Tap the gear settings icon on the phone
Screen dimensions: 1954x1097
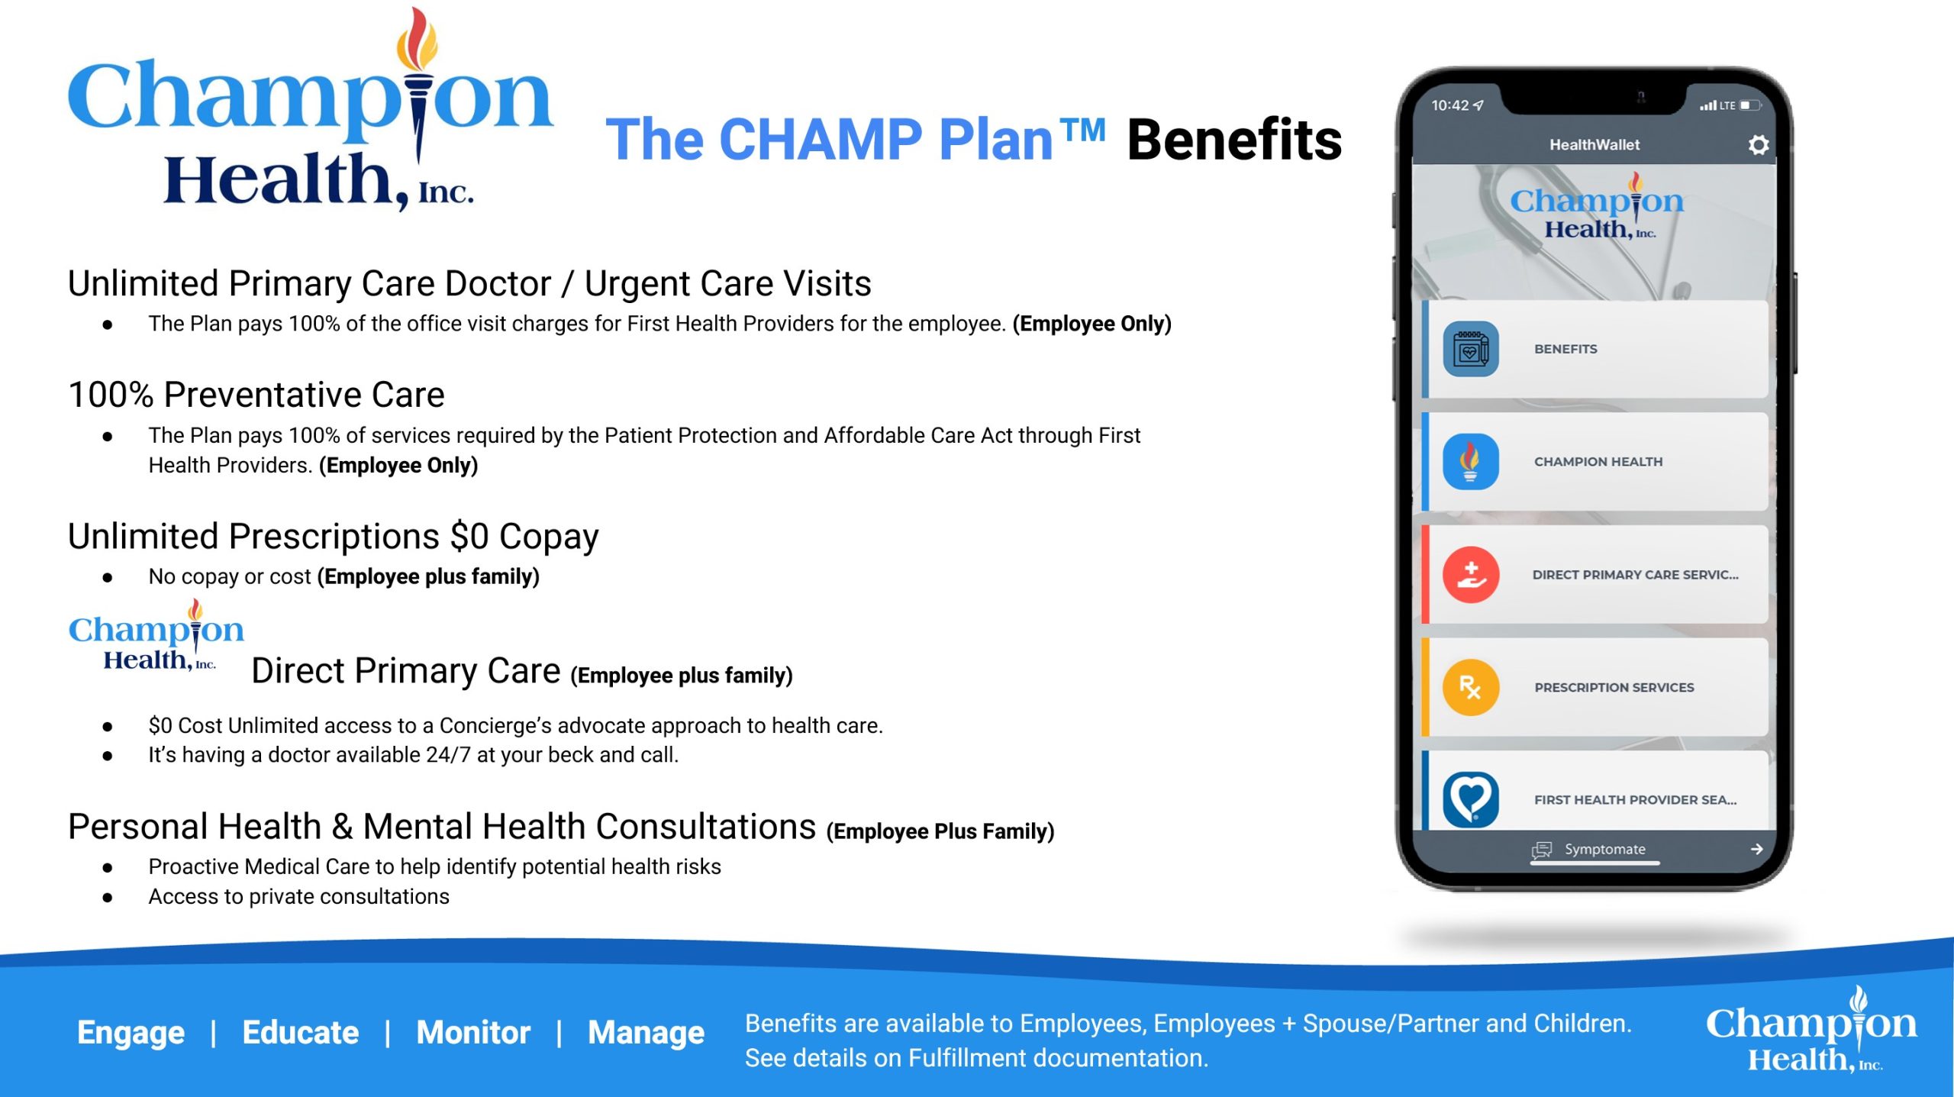coord(1758,145)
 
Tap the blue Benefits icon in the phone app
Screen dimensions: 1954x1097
coord(1470,349)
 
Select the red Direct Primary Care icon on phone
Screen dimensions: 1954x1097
coord(1470,575)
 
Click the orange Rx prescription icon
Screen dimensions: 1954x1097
coord(1470,687)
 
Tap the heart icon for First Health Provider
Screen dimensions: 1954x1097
coord(1470,799)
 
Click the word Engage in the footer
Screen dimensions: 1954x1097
coord(131,1033)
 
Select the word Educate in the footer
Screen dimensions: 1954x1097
coord(301,1032)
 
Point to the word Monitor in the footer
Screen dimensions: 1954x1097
coord(473,1032)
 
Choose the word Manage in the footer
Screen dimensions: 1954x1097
coord(646,1033)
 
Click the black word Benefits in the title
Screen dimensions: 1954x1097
coord(1234,140)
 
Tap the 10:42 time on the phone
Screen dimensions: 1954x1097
coord(1449,105)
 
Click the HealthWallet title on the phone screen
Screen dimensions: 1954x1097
coord(1594,145)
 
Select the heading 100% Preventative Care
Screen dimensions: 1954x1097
coord(256,395)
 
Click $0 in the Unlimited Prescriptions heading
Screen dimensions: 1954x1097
coord(469,536)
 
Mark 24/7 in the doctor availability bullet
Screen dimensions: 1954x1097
coord(448,755)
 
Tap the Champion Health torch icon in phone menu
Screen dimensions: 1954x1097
coord(1470,462)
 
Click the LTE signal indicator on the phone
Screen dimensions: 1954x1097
coord(1727,105)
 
